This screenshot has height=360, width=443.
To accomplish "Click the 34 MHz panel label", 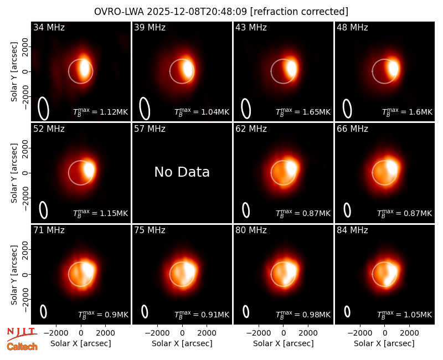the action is [x=49, y=27].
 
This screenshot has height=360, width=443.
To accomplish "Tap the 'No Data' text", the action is [x=182, y=172].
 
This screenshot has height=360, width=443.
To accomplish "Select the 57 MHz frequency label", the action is [x=150, y=129].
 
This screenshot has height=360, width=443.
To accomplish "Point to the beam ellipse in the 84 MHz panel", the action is [x=348, y=311].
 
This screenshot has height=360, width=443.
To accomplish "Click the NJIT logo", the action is [x=22, y=333].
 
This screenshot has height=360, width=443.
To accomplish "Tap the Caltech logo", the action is [x=22, y=347].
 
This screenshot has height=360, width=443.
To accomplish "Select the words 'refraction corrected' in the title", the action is [x=299, y=12].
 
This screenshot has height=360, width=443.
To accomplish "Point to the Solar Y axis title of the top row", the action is [x=14, y=72].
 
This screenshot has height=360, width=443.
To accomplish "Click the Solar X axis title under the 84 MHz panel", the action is [x=384, y=343].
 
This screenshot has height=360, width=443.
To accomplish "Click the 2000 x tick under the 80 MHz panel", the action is [x=308, y=333].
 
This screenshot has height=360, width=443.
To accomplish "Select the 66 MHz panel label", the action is [x=352, y=129].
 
